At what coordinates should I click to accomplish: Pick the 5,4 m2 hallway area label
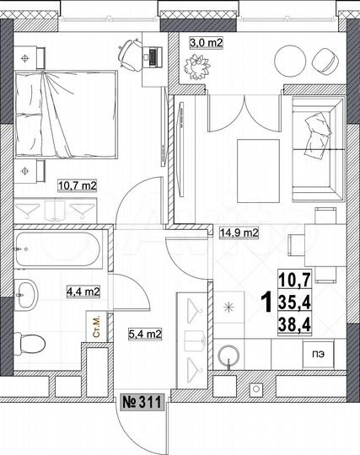point(143,333)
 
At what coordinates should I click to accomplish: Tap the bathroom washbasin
point(28,294)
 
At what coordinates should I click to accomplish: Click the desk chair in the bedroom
point(128,52)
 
